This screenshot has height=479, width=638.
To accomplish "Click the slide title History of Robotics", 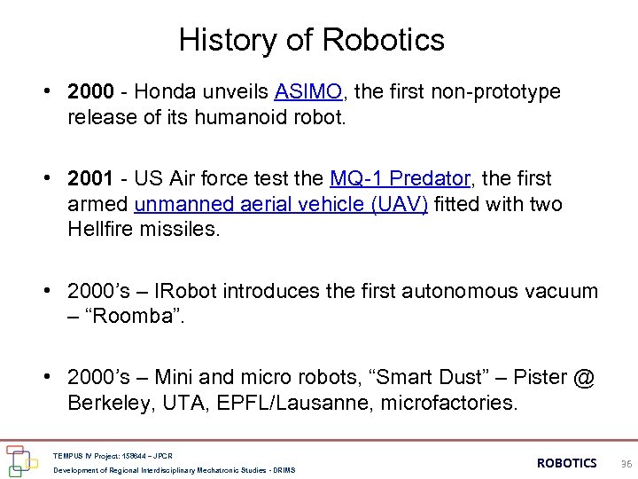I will click(311, 40).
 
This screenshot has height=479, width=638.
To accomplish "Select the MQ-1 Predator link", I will click(399, 179).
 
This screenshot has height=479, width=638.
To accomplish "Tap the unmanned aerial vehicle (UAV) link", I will click(281, 204).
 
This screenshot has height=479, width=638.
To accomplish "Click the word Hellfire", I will click(99, 229).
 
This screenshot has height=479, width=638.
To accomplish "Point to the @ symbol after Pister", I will click(583, 378).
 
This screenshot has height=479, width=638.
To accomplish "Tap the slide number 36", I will click(626, 464).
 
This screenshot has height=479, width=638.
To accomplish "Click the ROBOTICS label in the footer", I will click(567, 463).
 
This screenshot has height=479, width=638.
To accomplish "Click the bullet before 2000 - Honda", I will click(54, 92).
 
